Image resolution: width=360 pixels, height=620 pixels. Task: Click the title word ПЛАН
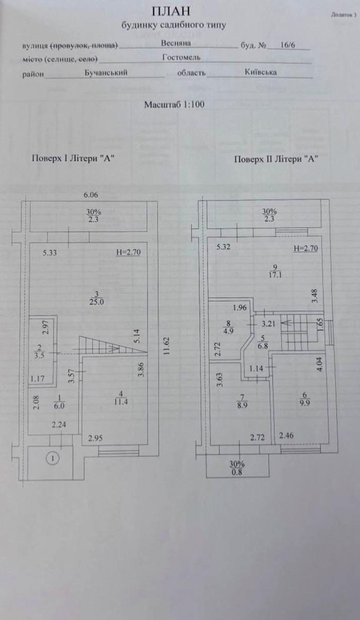pos(171,11)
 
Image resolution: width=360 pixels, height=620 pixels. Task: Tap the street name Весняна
pos(176,43)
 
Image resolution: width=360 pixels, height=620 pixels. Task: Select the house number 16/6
pos(288,45)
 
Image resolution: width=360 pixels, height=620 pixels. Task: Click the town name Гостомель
pos(181,57)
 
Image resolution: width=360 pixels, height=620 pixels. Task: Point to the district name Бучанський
pos(106,72)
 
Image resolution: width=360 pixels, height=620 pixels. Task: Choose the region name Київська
pos(260,72)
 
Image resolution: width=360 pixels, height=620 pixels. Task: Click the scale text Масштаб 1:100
pos(175,104)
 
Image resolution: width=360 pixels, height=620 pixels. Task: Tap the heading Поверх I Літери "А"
pos(73,158)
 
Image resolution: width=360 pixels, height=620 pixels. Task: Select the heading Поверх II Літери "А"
pos(276,159)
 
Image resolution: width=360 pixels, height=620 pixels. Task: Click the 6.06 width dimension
pos(91,195)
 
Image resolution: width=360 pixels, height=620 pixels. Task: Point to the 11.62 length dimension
pos(166,346)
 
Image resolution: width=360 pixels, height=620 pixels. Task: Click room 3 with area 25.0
pos(97,298)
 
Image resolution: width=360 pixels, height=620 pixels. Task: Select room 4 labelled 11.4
pos(121,398)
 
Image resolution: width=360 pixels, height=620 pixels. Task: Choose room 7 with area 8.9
pos(242,401)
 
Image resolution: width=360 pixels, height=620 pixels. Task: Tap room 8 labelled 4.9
pos(228,327)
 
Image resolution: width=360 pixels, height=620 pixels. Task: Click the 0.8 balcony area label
pos(237,472)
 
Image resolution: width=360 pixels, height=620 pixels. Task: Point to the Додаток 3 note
pos(343,15)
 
